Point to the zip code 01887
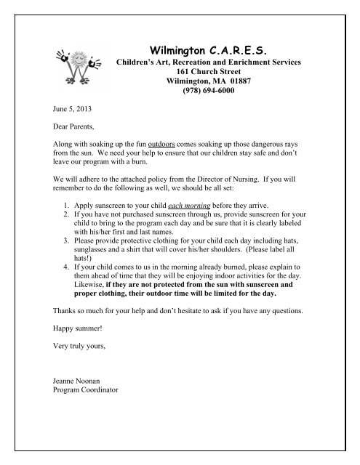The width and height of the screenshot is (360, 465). pos(236,84)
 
